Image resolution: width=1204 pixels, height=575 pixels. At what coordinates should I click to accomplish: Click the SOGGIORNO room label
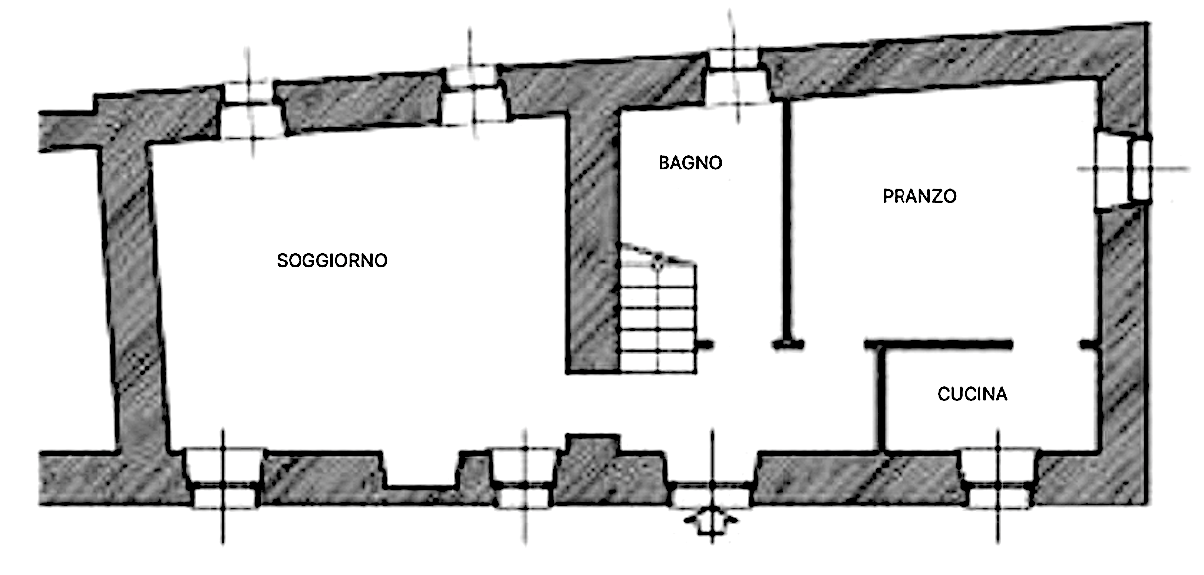click(331, 261)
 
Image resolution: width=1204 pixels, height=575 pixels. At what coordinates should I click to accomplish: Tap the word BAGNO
click(690, 163)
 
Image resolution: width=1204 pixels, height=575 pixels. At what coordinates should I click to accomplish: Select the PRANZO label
click(919, 196)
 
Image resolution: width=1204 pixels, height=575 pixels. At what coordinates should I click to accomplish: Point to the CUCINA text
click(972, 394)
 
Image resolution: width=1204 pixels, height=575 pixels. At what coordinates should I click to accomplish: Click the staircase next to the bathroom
click(657, 311)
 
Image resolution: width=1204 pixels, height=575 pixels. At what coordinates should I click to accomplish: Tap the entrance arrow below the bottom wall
click(711, 521)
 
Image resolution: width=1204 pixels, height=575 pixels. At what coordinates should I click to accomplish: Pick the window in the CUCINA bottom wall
click(999, 477)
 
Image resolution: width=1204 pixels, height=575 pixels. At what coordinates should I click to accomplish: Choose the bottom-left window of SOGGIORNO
click(222, 477)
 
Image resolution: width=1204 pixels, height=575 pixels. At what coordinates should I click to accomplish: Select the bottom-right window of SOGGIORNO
click(524, 477)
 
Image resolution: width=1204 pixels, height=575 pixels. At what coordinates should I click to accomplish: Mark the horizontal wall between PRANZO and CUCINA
click(938, 344)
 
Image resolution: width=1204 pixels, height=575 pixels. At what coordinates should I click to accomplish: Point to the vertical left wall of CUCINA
click(880, 397)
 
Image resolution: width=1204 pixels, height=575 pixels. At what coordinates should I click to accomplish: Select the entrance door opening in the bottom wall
click(711, 488)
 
